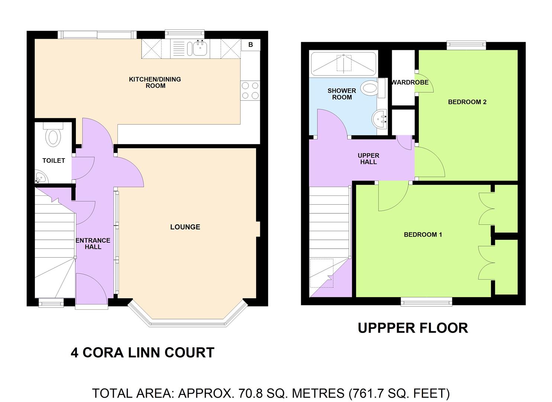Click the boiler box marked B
251,45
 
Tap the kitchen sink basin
200,48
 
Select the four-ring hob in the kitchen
250,90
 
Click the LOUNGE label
185,227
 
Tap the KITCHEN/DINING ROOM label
155,82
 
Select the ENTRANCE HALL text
93,243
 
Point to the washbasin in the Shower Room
380,119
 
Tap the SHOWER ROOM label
342,94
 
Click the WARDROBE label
410,82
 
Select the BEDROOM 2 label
467,102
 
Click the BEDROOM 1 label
423,234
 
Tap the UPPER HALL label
369,159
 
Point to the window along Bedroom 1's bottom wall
426,301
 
